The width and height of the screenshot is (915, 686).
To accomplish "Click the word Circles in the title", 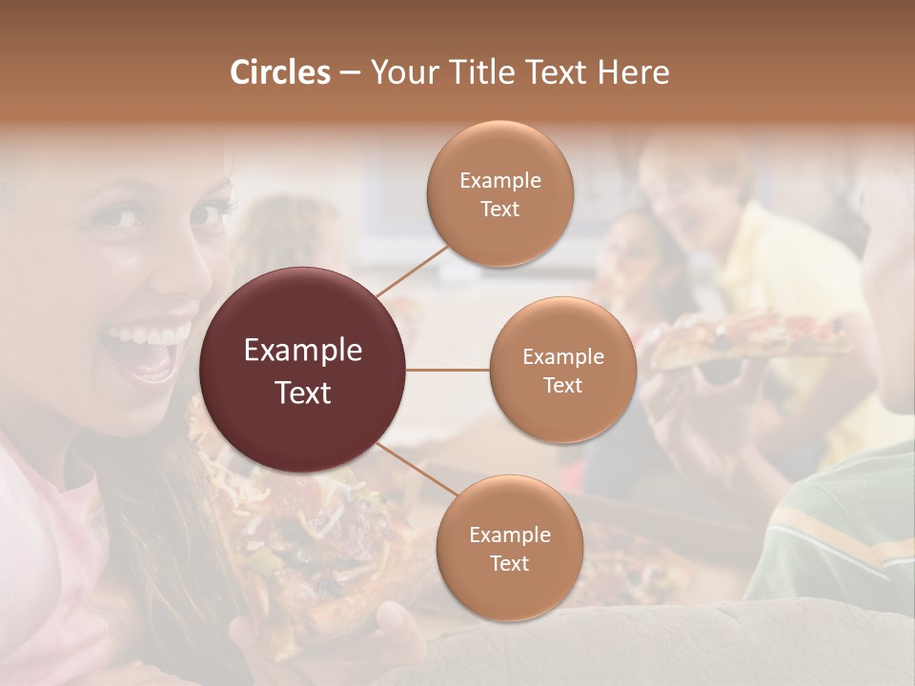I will click(279, 72).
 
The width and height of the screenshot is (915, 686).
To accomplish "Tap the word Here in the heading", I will click(633, 72).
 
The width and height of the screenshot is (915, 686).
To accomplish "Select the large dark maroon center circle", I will click(303, 370).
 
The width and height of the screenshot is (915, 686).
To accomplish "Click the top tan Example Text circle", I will click(499, 193).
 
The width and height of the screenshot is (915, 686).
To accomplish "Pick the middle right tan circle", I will click(562, 370).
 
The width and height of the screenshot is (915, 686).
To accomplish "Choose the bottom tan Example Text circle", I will click(509, 548).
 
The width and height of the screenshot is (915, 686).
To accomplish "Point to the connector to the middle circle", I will click(448, 370).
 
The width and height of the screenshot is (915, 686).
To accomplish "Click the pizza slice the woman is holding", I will click(286, 534).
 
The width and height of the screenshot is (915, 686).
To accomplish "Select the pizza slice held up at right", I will click(743, 338).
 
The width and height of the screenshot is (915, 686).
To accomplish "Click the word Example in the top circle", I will click(499, 180).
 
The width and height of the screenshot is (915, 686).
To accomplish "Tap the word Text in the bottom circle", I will click(509, 563).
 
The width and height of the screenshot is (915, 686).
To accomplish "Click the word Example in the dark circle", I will click(303, 351).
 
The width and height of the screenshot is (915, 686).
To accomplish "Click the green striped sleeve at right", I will click(839, 534).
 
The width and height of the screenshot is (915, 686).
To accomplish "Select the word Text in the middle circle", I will click(562, 385).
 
